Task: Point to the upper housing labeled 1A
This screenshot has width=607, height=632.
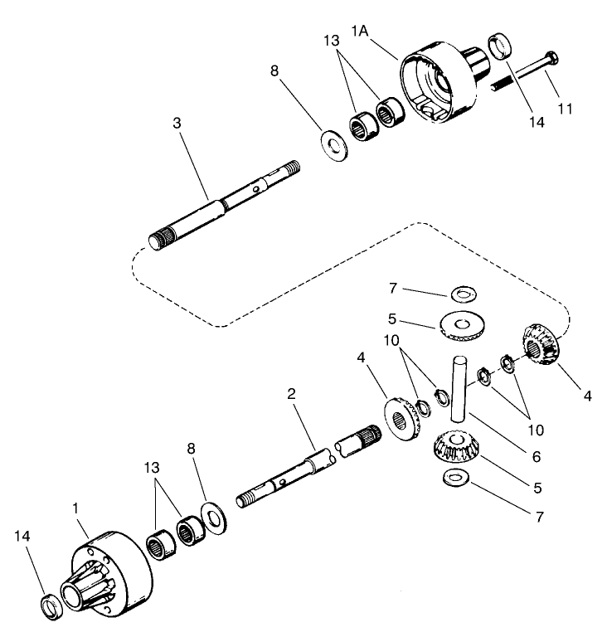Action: click(x=439, y=83)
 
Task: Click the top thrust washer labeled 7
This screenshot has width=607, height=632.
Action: click(x=463, y=293)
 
